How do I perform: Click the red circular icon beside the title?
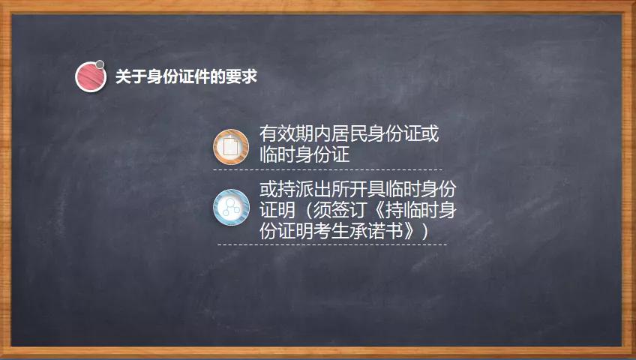point(91,76)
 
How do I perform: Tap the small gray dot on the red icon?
point(100,64)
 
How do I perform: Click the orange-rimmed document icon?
point(231,147)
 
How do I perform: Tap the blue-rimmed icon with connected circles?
point(231,208)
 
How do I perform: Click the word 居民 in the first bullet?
point(349,133)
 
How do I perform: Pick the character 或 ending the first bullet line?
point(430,133)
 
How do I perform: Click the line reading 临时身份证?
point(304,154)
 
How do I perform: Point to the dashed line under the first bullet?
point(327,169)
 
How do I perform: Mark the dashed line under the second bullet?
point(332,244)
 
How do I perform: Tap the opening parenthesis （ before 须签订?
point(307,210)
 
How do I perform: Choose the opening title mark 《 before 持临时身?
point(379,210)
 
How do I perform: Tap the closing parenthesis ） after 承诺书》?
point(424,231)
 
